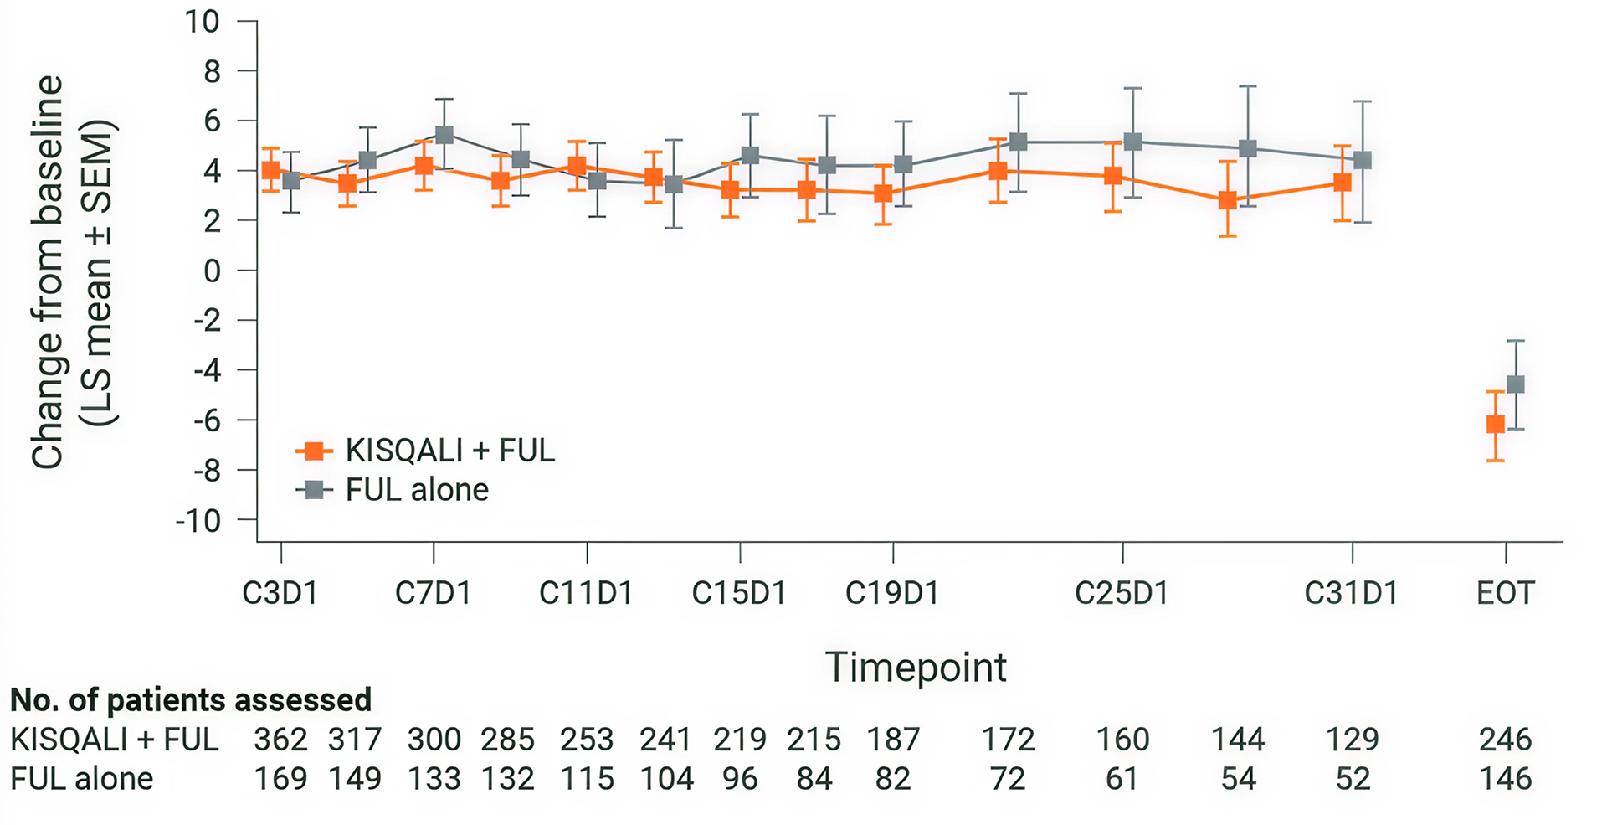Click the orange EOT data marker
(1496, 425)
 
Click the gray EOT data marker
(1516, 384)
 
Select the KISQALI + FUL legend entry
(425, 451)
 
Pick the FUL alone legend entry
(393, 490)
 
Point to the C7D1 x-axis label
(433, 594)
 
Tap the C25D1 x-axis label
(1122, 594)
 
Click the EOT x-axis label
(1505, 594)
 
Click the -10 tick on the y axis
(198, 521)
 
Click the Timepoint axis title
(916, 668)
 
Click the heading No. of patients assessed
(191, 699)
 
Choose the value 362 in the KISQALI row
(280, 740)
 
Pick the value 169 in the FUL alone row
(280, 779)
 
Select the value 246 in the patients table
(1505, 740)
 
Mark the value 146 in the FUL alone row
(1505, 779)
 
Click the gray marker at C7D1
(444, 135)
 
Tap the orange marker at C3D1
(270, 170)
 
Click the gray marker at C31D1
(1363, 160)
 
